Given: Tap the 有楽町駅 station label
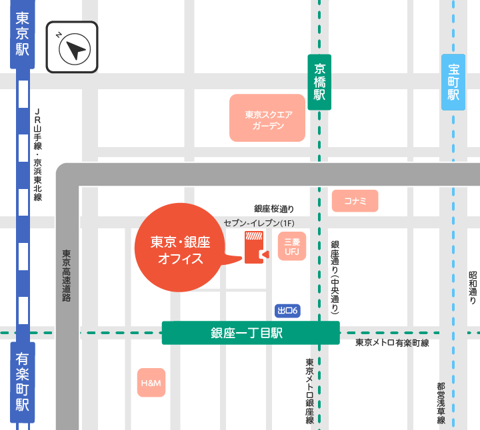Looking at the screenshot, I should (x=22, y=382).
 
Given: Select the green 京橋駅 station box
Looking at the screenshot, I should (x=320, y=82).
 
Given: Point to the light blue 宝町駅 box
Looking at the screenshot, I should (x=453, y=82).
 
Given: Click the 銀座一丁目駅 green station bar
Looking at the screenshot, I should (x=251, y=333).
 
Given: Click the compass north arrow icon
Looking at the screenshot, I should (x=72, y=47).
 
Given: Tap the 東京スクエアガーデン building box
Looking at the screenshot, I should (x=267, y=118).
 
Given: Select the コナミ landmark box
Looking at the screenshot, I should (x=355, y=200).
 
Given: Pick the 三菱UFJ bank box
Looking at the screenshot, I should (x=292, y=246).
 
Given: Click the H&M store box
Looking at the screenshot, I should (x=151, y=383).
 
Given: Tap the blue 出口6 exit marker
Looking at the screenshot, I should (x=288, y=311).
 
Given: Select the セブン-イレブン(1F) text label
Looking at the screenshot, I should (x=259, y=222).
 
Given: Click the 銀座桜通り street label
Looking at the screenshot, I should (x=274, y=208).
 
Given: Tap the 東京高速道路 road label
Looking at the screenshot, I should (x=67, y=276).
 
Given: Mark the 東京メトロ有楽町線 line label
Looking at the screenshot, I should (x=392, y=343).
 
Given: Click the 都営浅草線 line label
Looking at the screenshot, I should (x=441, y=403).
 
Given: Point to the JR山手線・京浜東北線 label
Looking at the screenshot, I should (x=38, y=154).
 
